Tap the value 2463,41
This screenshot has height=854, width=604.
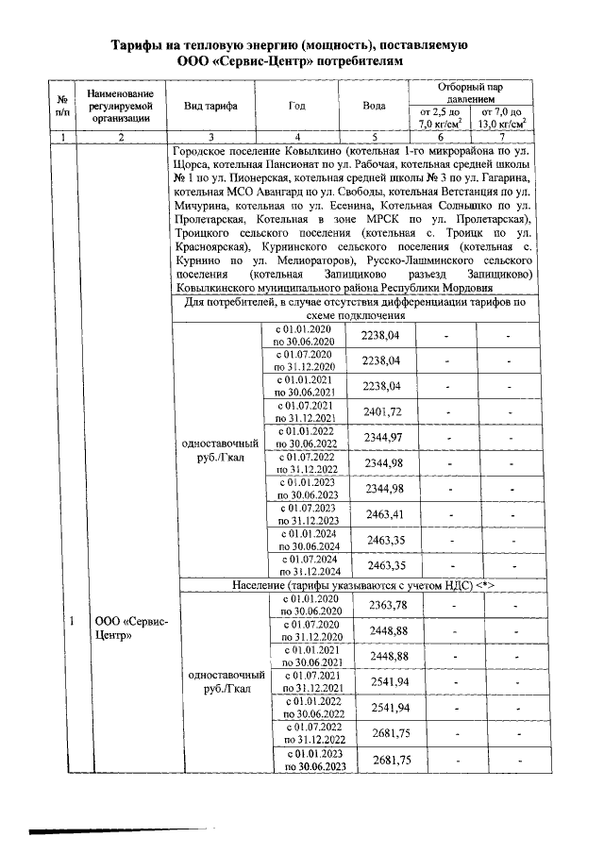(382, 514)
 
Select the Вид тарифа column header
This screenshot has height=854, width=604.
(210, 106)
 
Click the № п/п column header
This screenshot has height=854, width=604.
(62, 106)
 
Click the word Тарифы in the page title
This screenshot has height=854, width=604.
(139, 45)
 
